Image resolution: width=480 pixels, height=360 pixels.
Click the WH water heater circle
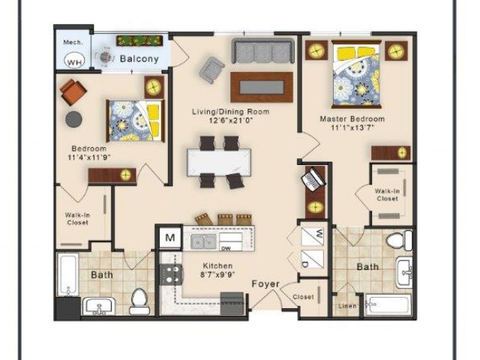[74, 61]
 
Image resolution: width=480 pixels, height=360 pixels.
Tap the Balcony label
[139, 58]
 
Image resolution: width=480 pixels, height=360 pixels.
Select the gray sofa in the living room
[263, 51]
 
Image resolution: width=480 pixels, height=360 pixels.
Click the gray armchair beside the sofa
[211, 70]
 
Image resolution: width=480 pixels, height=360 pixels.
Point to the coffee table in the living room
[262, 87]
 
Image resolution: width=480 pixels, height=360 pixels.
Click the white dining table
[219, 162]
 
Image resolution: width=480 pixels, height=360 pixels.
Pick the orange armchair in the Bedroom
[73, 92]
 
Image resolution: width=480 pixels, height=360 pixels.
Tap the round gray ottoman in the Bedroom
[73, 119]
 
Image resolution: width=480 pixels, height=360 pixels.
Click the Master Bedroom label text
[352, 118]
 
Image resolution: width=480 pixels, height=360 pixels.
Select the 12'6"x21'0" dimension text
[231, 120]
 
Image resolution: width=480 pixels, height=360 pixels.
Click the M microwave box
[170, 238]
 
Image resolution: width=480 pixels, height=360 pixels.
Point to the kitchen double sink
[203, 241]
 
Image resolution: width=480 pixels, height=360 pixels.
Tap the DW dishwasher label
[226, 248]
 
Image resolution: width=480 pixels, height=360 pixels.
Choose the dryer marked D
[313, 259]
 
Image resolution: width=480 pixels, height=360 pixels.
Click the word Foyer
[265, 284]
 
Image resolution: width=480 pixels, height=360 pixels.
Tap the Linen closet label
[347, 306]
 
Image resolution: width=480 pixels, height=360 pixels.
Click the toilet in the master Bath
[399, 240]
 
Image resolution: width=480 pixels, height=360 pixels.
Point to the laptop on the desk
[313, 179]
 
